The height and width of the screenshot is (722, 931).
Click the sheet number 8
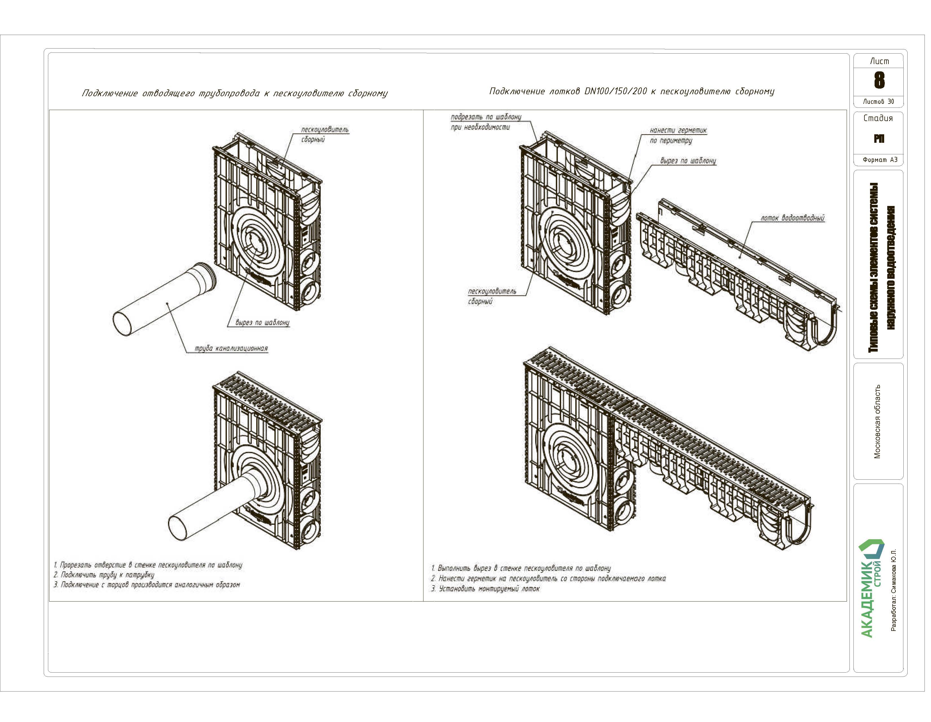pyautogui.click(x=879, y=80)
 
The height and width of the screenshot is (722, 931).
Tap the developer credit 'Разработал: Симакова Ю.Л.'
pyautogui.click(x=894, y=590)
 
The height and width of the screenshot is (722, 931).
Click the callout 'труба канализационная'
pyautogui.click(x=231, y=348)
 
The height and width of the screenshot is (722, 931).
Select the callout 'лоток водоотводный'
pyautogui.click(x=792, y=218)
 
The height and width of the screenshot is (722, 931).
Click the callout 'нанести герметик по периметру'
pyautogui.click(x=678, y=135)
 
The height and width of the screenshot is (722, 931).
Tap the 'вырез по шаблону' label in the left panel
pyautogui.click(x=262, y=323)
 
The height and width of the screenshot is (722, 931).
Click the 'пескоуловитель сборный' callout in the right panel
pyautogui.click(x=492, y=296)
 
